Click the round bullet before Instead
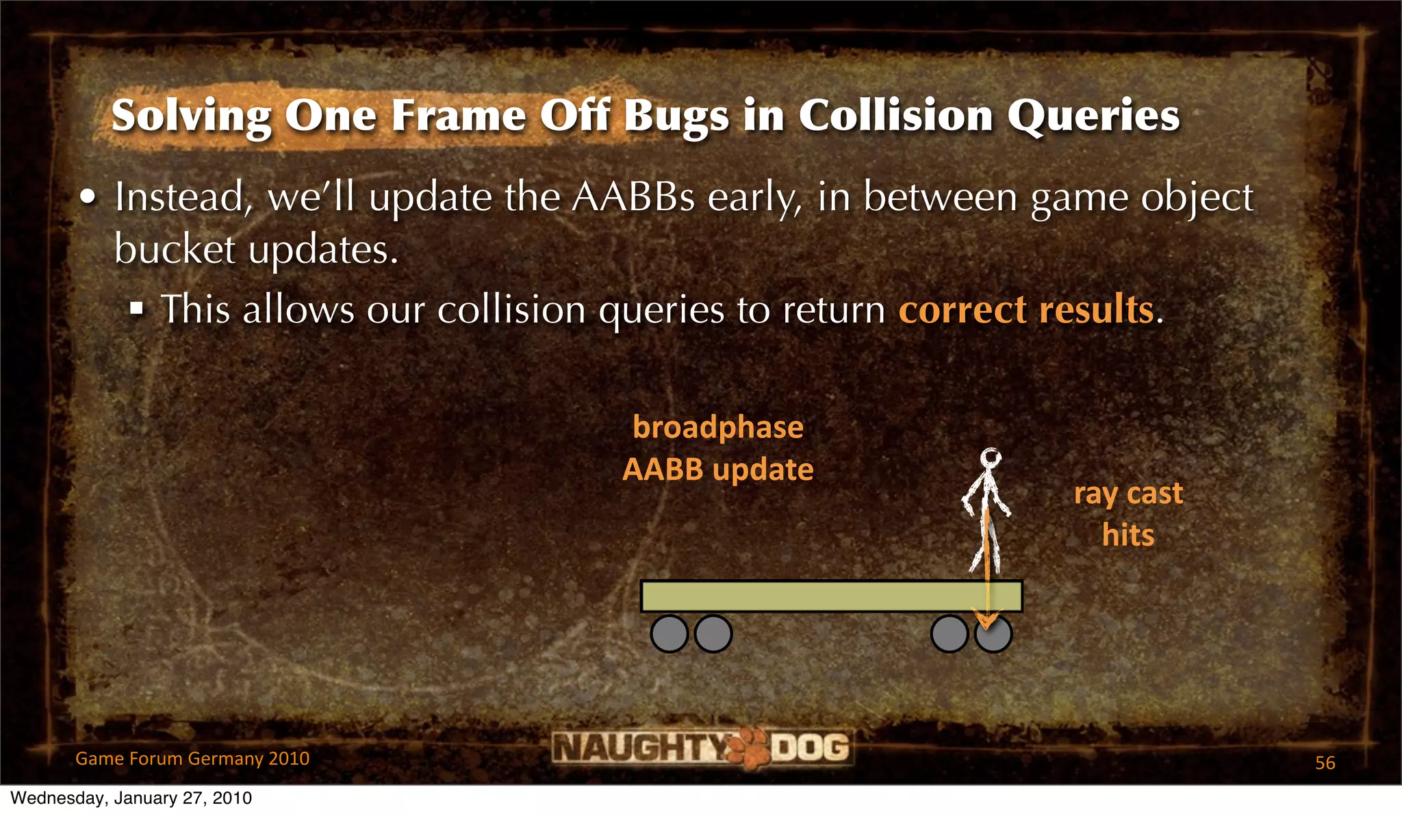[x=88, y=198]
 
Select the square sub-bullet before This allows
[x=137, y=309]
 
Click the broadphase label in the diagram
[x=717, y=427]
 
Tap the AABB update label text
[x=717, y=470]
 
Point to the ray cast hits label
[x=1127, y=513]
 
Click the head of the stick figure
[x=990, y=457]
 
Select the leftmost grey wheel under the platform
[x=669, y=633]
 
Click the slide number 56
[x=1325, y=763]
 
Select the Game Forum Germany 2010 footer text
[x=192, y=759]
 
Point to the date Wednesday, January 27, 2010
[x=131, y=798]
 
